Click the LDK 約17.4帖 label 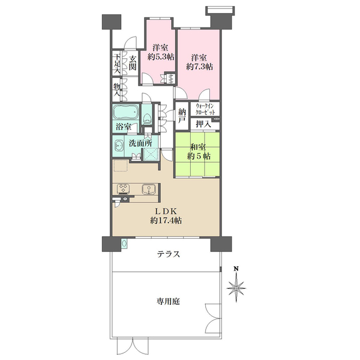click(166, 216)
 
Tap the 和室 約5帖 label click(199, 152)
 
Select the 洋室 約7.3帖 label click(199, 62)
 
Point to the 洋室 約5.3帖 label click(160, 52)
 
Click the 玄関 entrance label click(132, 63)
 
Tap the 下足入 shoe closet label click(117, 64)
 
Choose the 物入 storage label click(116, 90)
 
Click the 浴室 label click(124, 127)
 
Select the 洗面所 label click(140, 143)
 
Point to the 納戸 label click(182, 116)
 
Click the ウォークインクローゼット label click(205, 109)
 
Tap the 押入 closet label click(203, 124)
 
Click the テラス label click(168, 254)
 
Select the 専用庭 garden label click(168, 301)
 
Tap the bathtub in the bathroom click(126, 112)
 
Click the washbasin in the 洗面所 click(118, 145)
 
